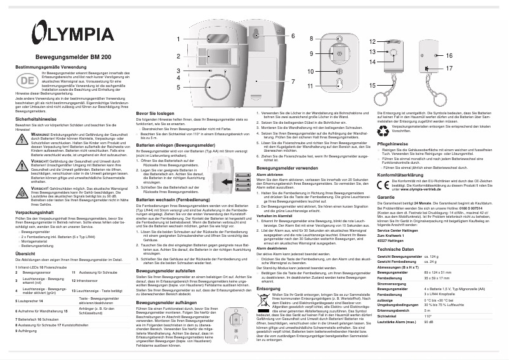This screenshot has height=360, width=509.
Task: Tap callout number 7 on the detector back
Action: [x=293, y=82]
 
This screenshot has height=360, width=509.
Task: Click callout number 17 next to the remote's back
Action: [x=449, y=67]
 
